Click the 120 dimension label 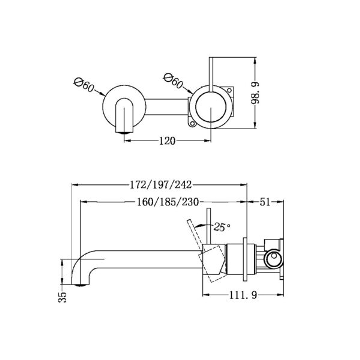pos(167,141)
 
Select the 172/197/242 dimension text pos(159,184)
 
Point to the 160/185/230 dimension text pos(168,202)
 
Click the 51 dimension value pos(265,202)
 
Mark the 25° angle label pos(222,227)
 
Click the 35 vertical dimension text pos(63,296)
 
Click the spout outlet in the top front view pos(124,132)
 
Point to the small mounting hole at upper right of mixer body pos(229,90)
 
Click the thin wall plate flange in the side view pos(245,259)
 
